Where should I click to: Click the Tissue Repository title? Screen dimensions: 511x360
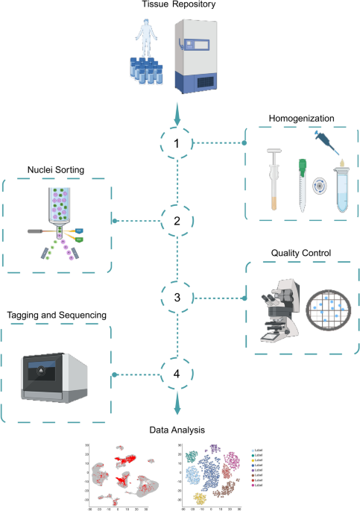point(179,6)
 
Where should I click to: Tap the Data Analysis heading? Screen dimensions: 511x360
point(179,430)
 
